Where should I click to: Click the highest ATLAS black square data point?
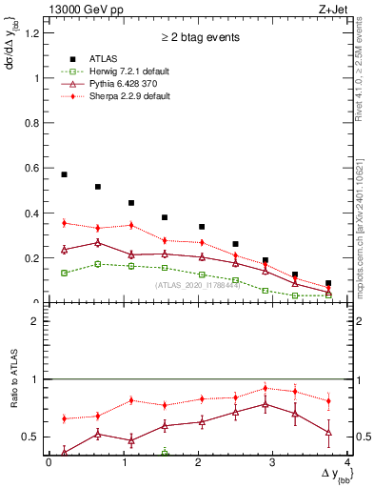coord(64,174)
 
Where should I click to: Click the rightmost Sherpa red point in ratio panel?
coord(328,400)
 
